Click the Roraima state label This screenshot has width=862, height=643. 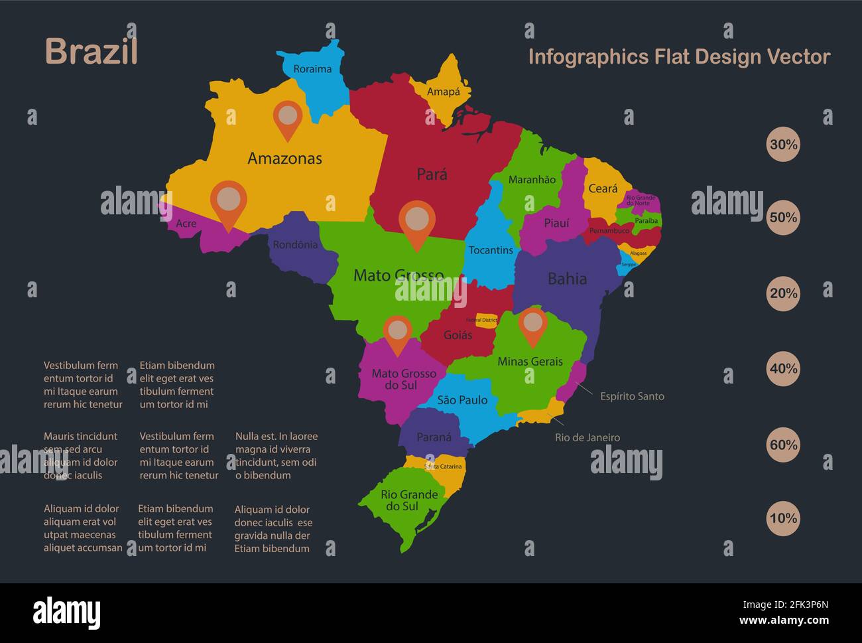click(312, 69)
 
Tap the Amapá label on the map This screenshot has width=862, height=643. click(443, 92)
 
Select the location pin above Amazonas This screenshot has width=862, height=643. click(288, 117)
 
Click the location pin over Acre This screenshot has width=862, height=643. click(229, 200)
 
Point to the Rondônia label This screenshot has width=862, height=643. click(295, 245)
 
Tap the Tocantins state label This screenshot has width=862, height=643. click(491, 250)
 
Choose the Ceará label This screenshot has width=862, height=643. click(603, 188)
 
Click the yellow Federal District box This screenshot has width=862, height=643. click(486, 320)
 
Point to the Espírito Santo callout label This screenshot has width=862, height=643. click(632, 396)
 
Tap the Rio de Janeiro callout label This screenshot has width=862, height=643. click(587, 437)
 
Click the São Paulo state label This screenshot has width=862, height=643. click(462, 400)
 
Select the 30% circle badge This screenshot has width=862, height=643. click(783, 145)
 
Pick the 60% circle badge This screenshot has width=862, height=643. click(783, 445)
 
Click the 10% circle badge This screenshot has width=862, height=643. click(783, 518)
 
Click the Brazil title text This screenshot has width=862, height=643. click(92, 52)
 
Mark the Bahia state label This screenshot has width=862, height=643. click(567, 279)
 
